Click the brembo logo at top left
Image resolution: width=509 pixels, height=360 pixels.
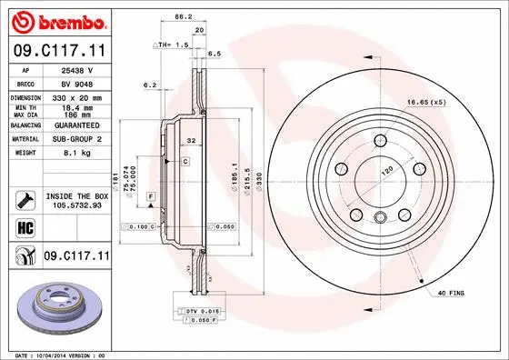(56, 20)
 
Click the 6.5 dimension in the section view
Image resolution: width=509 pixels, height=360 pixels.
(215, 55)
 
